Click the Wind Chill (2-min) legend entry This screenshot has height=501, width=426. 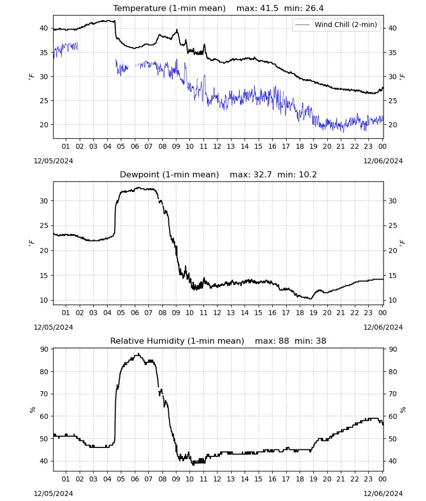[336, 25]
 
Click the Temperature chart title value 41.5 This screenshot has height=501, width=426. [269, 9]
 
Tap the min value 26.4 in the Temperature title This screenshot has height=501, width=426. [314, 9]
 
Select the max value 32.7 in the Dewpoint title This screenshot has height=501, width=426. [263, 175]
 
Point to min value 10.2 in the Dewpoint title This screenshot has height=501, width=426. [308, 175]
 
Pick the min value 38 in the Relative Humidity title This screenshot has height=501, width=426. [321, 341]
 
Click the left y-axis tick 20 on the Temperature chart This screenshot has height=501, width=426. [44, 125]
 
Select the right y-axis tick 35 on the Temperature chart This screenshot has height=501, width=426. [392, 53]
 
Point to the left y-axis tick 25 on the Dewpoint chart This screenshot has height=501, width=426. [44, 225]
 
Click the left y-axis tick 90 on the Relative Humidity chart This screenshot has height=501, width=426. [44, 349]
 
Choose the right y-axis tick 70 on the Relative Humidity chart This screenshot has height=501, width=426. [392, 394]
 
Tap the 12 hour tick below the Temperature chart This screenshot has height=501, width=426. [217, 146]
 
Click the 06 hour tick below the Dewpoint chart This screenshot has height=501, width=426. [135, 313]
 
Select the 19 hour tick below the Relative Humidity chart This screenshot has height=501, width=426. [314, 479]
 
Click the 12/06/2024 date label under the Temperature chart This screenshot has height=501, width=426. [383, 161]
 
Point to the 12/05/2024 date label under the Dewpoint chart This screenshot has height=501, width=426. [53, 327]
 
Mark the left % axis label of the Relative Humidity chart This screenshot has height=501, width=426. [32, 410]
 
